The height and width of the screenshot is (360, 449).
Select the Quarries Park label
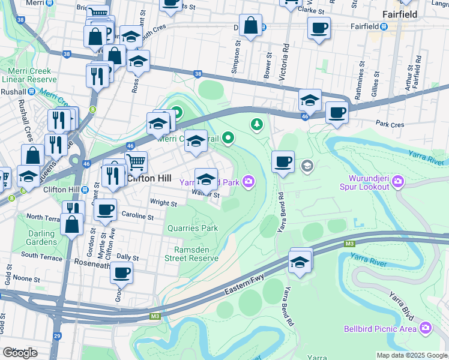click(193, 229)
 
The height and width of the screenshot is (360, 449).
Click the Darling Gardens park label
click(41, 238)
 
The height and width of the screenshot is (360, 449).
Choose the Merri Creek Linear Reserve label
click(26, 75)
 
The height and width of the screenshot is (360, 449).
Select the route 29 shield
click(57, 336)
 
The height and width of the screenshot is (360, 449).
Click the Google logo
click(20, 352)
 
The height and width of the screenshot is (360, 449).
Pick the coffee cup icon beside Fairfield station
click(318, 27)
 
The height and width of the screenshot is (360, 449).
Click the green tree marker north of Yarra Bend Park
click(257, 124)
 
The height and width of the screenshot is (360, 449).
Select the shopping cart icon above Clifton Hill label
click(136, 161)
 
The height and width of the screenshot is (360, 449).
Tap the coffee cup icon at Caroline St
click(106, 209)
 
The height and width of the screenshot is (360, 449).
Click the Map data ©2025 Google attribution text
click(411, 355)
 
